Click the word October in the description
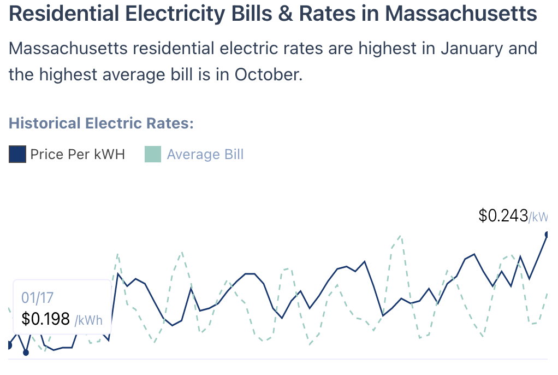pyautogui.click(x=268, y=74)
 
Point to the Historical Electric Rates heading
pyautogui.click(x=102, y=123)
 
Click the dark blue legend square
pyautogui.click(x=17, y=155)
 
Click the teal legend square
pyautogui.click(x=153, y=155)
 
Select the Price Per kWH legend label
pyautogui.click(x=78, y=155)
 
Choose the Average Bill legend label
pyautogui.click(x=205, y=155)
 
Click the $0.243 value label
pyautogui.click(x=503, y=216)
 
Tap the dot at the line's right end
pyautogui.click(x=547, y=235)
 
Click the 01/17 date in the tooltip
pyautogui.click(x=37, y=298)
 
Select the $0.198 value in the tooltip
pyautogui.click(x=45, y=319)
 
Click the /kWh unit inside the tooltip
pyautogui.click(x=88, y=320)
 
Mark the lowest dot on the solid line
pyautogui.click(x=26, y=353)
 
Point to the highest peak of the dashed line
pyautogui.click(x=401, y=236)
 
